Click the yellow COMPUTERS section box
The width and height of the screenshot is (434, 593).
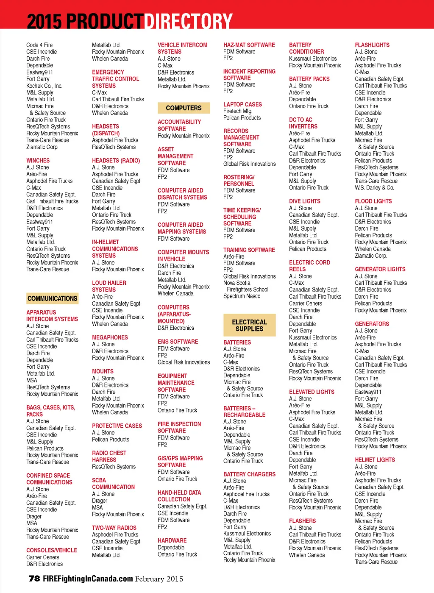[184, 108]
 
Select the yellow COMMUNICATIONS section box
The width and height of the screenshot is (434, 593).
[52, 298]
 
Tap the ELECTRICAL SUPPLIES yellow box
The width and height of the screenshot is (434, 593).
[249, 325]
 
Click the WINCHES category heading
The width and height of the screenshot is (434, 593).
[38, 161]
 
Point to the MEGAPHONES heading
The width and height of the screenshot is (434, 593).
[110, 337]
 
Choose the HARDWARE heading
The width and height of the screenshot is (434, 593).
[172, 540]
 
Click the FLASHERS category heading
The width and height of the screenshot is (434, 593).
[302, 521]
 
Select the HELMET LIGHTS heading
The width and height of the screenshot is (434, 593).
[375, 460]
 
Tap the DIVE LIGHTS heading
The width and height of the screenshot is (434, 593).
[304, 201]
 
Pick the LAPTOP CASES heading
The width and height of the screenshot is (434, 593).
[242, 104]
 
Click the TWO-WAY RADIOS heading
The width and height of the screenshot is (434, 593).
[114, 528]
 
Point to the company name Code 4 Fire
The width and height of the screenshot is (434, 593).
[39, 45]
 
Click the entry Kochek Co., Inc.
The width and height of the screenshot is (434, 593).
[44, 86]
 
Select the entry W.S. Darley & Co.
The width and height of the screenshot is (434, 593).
[374, 188]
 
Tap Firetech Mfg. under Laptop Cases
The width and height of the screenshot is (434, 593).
[237, 111]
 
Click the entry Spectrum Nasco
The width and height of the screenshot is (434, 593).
[242, 296]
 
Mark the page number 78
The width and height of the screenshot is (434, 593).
[34, 579]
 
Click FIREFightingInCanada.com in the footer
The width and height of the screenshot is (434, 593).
[88, 579]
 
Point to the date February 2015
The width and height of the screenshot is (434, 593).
[159, 579]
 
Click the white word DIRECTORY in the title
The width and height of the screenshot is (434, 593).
[188, 20]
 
